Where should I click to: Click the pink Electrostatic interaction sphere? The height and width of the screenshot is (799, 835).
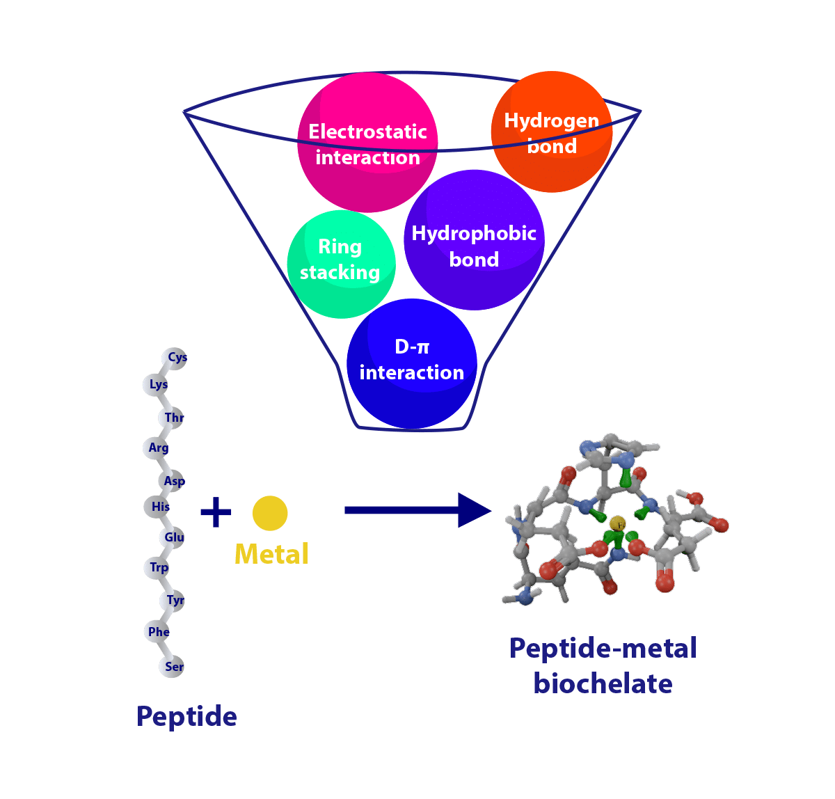(367, 143)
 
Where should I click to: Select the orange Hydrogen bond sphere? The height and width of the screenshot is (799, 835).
(551, 132)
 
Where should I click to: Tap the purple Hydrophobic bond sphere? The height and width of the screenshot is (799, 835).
(474, 240)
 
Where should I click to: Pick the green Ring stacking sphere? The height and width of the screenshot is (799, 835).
(341, 264)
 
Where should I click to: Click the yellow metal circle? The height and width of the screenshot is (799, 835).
(270, 513)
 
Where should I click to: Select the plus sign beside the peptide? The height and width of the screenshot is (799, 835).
(216, 512)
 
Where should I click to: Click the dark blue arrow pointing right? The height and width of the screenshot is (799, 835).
(417, 510)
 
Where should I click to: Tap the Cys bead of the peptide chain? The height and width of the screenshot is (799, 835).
(175, 358)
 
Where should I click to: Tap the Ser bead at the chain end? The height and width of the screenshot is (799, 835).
(173, 667)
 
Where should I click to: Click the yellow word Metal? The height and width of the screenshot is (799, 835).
(271, 555)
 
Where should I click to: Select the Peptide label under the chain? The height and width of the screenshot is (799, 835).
(186, 716)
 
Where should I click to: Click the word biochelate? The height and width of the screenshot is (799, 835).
(603, 683)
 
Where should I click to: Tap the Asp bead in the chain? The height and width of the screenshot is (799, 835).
(173, 481)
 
